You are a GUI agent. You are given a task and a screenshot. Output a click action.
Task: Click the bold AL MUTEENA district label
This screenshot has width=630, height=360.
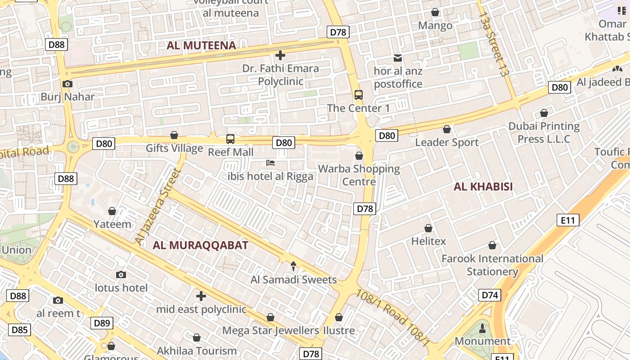[x=201, y=45]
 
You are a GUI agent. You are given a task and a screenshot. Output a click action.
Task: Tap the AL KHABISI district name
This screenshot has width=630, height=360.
[x=483, y=187]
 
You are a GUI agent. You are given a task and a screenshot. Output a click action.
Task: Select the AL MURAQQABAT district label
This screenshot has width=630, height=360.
[x=200, y=245]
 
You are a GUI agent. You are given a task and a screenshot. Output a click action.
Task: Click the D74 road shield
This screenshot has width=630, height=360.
[x=490, y=295]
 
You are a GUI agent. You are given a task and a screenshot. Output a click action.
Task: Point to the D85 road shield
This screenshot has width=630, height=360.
[x=19, y=330]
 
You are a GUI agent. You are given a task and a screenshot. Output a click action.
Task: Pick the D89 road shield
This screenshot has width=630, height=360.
[x=102, y=323]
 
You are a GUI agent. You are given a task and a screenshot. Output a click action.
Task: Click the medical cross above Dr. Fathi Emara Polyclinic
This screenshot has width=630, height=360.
[x=280, y=55]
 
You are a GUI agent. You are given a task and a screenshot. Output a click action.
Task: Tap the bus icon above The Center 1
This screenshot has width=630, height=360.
[x=359, y=95]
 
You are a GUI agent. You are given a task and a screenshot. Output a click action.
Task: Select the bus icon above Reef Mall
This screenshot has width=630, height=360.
[x=230, y=139]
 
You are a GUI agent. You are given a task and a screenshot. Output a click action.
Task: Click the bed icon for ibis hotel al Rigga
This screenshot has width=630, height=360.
[x=270, y=163]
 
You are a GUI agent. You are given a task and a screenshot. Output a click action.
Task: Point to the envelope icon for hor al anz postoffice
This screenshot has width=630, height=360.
[x=398, y=58]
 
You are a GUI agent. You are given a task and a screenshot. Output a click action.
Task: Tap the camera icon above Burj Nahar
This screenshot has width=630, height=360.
[x=67, y=84]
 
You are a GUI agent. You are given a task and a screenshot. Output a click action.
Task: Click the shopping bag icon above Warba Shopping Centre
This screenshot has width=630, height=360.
[x=359, y=156]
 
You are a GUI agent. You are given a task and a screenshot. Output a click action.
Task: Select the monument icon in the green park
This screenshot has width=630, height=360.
[x=482, y=328]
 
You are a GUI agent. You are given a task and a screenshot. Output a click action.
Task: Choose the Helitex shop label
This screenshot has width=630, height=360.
[x=428, y=241]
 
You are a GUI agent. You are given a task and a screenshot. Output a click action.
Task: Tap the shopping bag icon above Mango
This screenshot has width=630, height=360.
[x=435, y=12]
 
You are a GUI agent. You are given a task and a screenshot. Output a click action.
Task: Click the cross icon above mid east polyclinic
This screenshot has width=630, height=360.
[x=201, y=296]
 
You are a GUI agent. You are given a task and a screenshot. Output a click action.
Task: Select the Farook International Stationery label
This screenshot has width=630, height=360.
[x=492, y=265]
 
